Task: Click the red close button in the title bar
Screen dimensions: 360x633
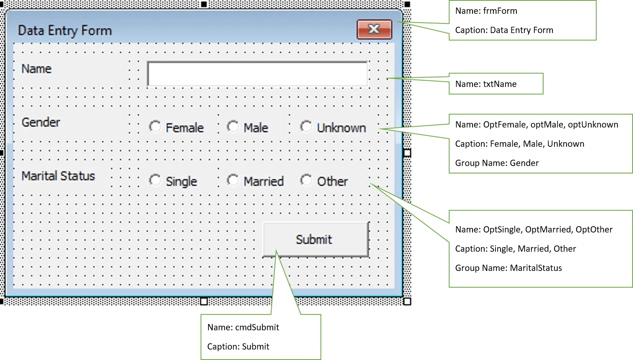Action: click(374, 29)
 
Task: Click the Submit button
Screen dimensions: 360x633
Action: click(315, 240)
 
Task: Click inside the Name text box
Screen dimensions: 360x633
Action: click(257, 74)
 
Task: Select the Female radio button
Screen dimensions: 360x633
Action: click(155, 126)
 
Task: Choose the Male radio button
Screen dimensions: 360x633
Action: click(233, 126)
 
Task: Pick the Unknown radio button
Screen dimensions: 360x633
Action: click(306, 126)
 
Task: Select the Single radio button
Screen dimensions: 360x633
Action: click(155, 180)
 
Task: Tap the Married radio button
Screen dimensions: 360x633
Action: click(233, 180)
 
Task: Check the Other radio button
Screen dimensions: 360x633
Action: click(306, 180)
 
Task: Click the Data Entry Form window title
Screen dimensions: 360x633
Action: click(65, 31)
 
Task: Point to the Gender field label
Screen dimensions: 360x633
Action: click(41, 122)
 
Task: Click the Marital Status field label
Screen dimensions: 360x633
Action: click(58, 176)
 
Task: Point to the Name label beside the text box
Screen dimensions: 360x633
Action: click(36, 69)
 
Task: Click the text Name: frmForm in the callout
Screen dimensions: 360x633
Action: click(486, 11)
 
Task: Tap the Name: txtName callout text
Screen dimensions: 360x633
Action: click(486, 84)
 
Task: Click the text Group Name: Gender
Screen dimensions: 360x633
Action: click(496, 163)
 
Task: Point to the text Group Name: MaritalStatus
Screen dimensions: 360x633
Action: click(508, 268)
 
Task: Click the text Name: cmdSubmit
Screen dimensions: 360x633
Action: click(243, 327)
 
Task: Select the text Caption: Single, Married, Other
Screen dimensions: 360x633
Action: click(515, 249)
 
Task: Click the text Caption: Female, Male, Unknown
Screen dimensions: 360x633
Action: click(519, 144)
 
